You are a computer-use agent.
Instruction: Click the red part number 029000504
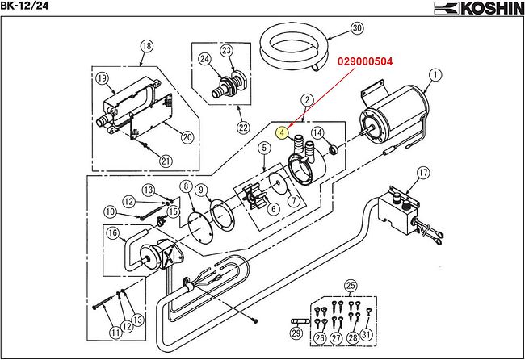click(x=365, y=61)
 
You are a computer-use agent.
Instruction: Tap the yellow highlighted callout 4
click(x=282, y=133)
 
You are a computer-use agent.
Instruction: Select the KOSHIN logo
click(x=479, y=8)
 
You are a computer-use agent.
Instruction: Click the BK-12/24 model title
click(x=24, y=6)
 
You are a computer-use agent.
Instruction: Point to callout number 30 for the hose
click(x=357, y=27)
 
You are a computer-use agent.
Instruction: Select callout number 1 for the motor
click(x=435, y=74)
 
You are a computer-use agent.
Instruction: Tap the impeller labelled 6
click(x=254, y=197)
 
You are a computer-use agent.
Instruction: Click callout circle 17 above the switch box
click(x=423, y=173)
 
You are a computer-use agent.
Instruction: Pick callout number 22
click(x=243, y=128)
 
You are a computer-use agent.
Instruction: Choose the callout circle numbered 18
click(x=147, y=46)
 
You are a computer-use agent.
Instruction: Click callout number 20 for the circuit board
click(x=187, y=137)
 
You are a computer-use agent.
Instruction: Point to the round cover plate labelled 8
click(x=200, y=228)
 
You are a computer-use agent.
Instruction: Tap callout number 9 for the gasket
click(x=200, y=190)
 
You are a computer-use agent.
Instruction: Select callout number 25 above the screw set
click(x=351, y=286)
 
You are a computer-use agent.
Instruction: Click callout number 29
click(x=296, y=333)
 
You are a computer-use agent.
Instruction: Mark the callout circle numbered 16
click(x=112, y=232)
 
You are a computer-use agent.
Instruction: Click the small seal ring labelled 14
click(x=334, y=150)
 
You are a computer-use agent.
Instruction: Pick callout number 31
click(x=367, y=334)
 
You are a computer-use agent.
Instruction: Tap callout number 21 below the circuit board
click(x=166, y=161)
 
